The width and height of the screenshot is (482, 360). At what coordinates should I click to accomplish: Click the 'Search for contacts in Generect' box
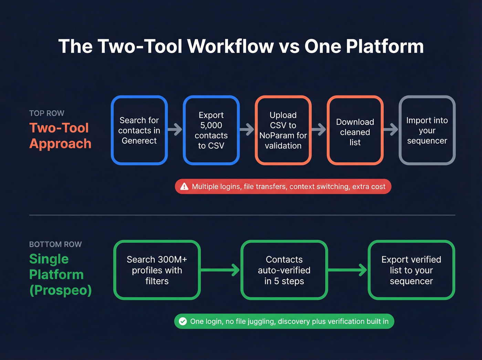click(x=139, y=130)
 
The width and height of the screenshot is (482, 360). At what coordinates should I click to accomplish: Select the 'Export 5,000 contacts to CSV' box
click(x=211, y=130)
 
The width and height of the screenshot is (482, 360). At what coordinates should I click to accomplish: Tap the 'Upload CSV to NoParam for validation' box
click(x=283, y=130)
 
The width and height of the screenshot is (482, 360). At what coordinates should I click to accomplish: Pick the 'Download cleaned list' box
click(x=355, y=130)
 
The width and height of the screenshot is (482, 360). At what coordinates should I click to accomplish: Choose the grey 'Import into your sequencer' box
click(x=427, y=130)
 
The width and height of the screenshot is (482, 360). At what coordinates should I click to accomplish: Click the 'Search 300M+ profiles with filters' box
click(x=157, y=270)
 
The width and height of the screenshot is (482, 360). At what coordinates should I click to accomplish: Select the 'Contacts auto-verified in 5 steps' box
click(x=284, y=270)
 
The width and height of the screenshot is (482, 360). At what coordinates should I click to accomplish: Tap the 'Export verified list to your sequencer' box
click(x=411, y=270)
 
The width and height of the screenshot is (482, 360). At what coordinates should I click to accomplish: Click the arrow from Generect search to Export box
click(x=175, y=130)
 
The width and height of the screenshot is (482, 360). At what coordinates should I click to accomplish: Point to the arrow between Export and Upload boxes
click(x=247, y=130)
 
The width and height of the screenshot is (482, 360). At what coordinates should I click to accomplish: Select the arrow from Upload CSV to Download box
click(x=319, y=130)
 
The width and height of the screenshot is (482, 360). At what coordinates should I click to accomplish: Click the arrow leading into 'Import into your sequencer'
click(x=391, y=130)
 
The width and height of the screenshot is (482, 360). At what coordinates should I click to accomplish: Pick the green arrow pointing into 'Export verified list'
click(x=348, y=270)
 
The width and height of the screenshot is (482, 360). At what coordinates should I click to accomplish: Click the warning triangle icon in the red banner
click(x=185, y=186)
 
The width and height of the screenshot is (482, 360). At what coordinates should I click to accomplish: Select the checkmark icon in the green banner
click(x=183, y=321)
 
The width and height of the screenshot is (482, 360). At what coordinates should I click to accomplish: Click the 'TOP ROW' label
click(x=47, y=113)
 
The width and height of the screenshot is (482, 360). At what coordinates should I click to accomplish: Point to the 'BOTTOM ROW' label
click(x=55, y=244)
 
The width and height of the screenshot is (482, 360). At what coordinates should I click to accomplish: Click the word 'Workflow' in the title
click(x=231, y=46)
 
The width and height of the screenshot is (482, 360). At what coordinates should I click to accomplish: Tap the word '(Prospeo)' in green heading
click(x=61, y=290)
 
